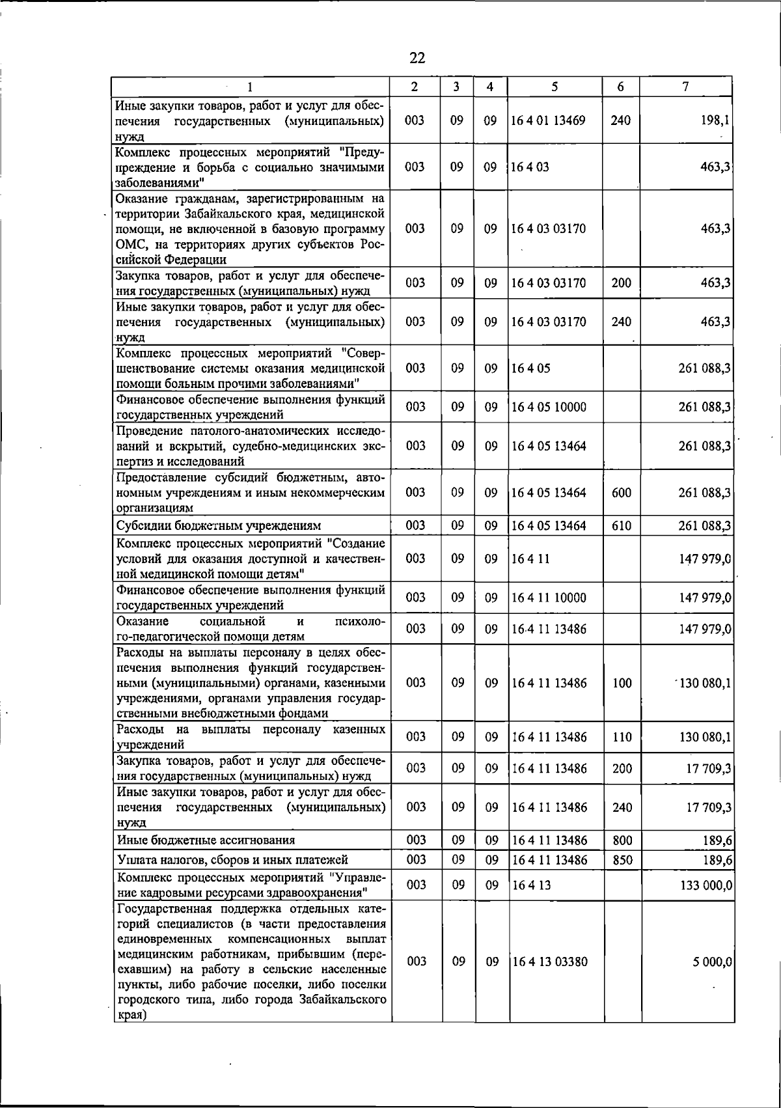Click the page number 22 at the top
[417, 59]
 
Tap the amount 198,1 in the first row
[716, 120]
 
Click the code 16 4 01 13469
[548, 120]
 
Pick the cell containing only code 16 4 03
[530, 167]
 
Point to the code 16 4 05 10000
[548, 408]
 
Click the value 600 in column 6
[622, 493]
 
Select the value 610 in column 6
[622, 525]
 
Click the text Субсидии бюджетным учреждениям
[219, 526]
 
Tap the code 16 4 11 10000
[548, 598]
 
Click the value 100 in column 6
[622, 683]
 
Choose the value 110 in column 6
[622, 737]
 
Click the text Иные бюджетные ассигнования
[205, 840]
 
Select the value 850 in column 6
[622, 860]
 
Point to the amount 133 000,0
[706, 885]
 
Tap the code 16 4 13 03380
[549, 962]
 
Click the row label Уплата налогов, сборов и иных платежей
[232, 860]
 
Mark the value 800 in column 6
[622, 840]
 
